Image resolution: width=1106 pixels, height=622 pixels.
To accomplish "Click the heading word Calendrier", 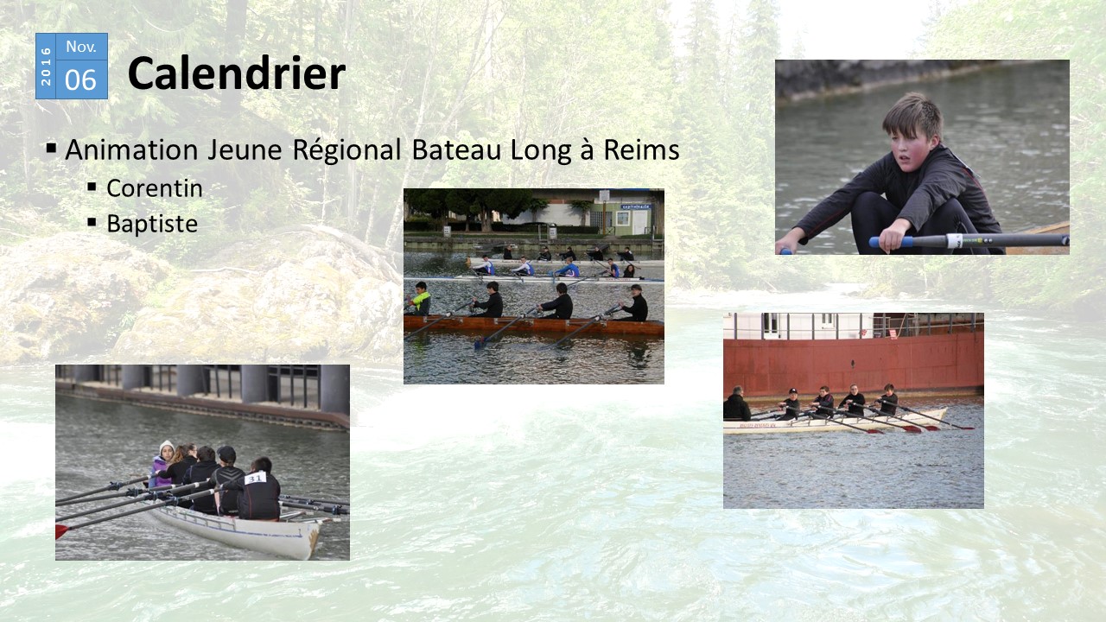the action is pyautogui.click(x=237, y=73).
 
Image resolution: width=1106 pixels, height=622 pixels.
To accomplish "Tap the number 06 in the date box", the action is pyautogui.click(x=80, y=80).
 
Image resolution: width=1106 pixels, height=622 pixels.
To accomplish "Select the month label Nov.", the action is pyautogui.click(x=81, y=47).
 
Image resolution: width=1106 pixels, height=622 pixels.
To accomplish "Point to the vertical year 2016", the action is pyautogui.click(x=46, y=67).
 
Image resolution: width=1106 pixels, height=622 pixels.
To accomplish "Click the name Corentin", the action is pyautogui.click(x=155, y=188).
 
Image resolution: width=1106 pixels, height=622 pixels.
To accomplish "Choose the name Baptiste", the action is pyautogui.click(x=152, y=224).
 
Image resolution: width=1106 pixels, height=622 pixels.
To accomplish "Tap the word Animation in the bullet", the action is pyautogui.click(x=131, y=149).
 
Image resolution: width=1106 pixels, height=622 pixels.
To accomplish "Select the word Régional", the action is pyautogui.click(x=346, y=149).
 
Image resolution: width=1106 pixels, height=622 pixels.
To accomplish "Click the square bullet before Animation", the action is pyautogui.click(x=51, y=148).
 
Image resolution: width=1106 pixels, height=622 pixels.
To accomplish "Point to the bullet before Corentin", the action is pyautogui.click(x=92, y=187).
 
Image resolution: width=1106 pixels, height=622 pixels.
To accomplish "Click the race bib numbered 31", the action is pyautogui.click(x=255, y=478).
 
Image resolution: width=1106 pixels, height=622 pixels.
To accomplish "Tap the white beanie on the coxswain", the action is pyautogui.click(x=166, y=446).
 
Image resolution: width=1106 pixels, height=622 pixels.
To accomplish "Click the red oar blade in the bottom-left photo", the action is pyautogui.click(x=61, y=531).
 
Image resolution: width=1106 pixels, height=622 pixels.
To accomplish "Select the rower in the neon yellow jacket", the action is pyautogui.click(x=420, y=299).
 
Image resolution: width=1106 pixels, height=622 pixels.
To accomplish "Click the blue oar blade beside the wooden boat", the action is pyautogui.click(x=479, y=343).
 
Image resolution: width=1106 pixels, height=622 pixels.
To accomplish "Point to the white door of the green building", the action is pyautogui.click(x=639, y=222).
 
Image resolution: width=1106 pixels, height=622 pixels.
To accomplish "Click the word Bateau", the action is pyautogui.click(x=456, y=149).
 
